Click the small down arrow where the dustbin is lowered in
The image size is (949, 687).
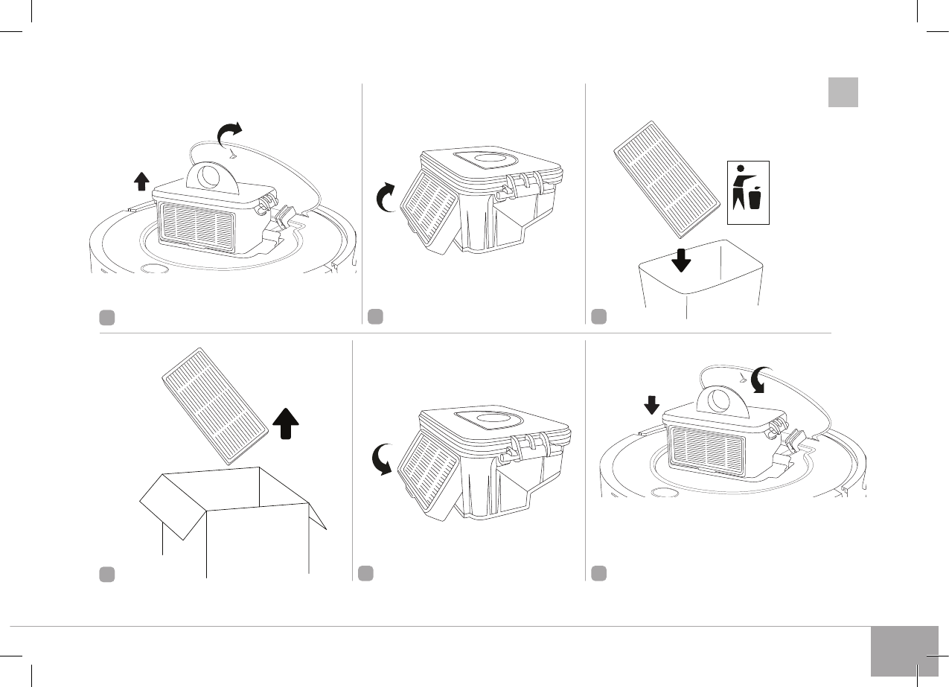(651, 404)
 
